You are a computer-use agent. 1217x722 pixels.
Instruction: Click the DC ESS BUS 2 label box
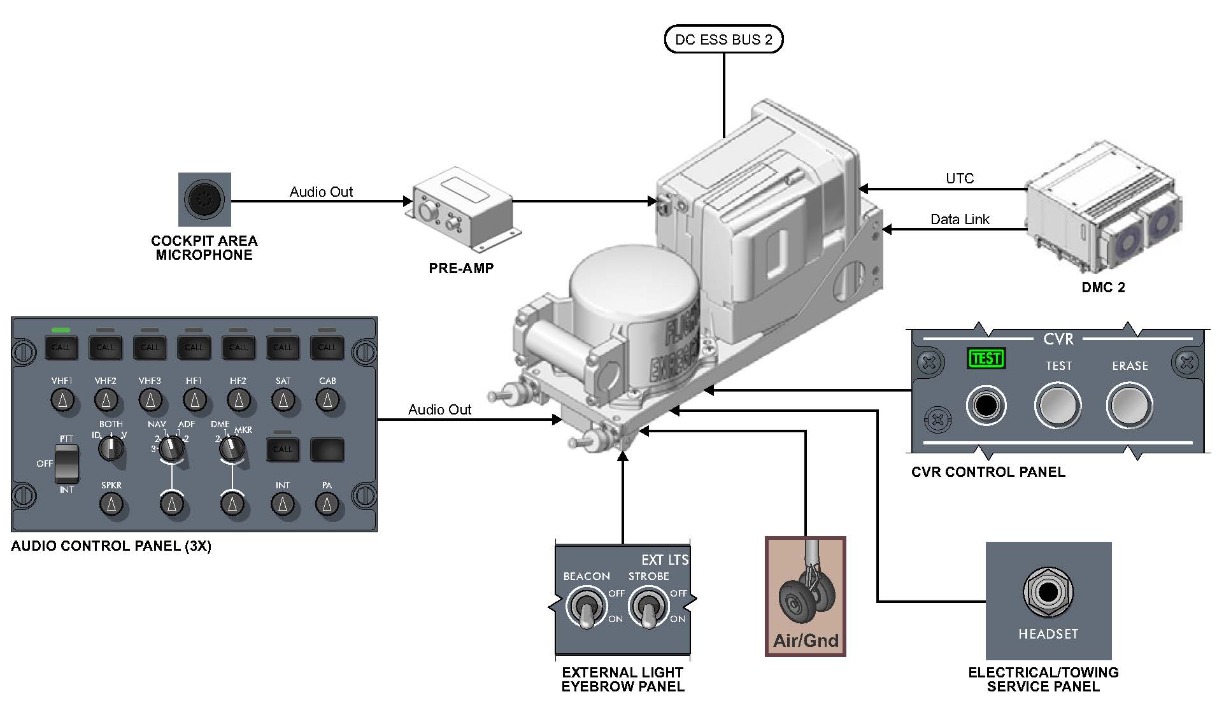(x=723, y=39)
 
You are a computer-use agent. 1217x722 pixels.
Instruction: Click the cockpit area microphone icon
(x=204, y=199)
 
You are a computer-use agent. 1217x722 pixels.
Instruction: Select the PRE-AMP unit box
(x=462, y=209)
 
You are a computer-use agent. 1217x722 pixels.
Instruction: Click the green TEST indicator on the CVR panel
(x=986, y=358)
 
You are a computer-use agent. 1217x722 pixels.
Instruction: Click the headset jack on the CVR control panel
(x=986, y=406)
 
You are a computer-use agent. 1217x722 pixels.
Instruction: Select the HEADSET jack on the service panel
(x=1048, y=592)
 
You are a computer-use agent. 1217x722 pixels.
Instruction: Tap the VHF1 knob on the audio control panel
(x=62, y=400)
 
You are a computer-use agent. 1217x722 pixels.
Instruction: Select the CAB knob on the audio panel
(x=327, y=400)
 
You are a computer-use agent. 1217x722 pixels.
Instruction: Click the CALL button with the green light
(x=61, y=347)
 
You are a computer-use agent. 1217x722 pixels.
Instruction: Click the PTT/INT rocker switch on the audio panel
(x=67, y=464)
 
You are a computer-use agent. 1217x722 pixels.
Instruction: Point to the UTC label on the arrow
(x=959, y=178)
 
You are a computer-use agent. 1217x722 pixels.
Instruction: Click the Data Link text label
(x=959, y=220)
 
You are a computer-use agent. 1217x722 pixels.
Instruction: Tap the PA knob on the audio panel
(x=327, y=504)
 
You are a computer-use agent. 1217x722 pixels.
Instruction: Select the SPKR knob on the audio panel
(x=111, y=504)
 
